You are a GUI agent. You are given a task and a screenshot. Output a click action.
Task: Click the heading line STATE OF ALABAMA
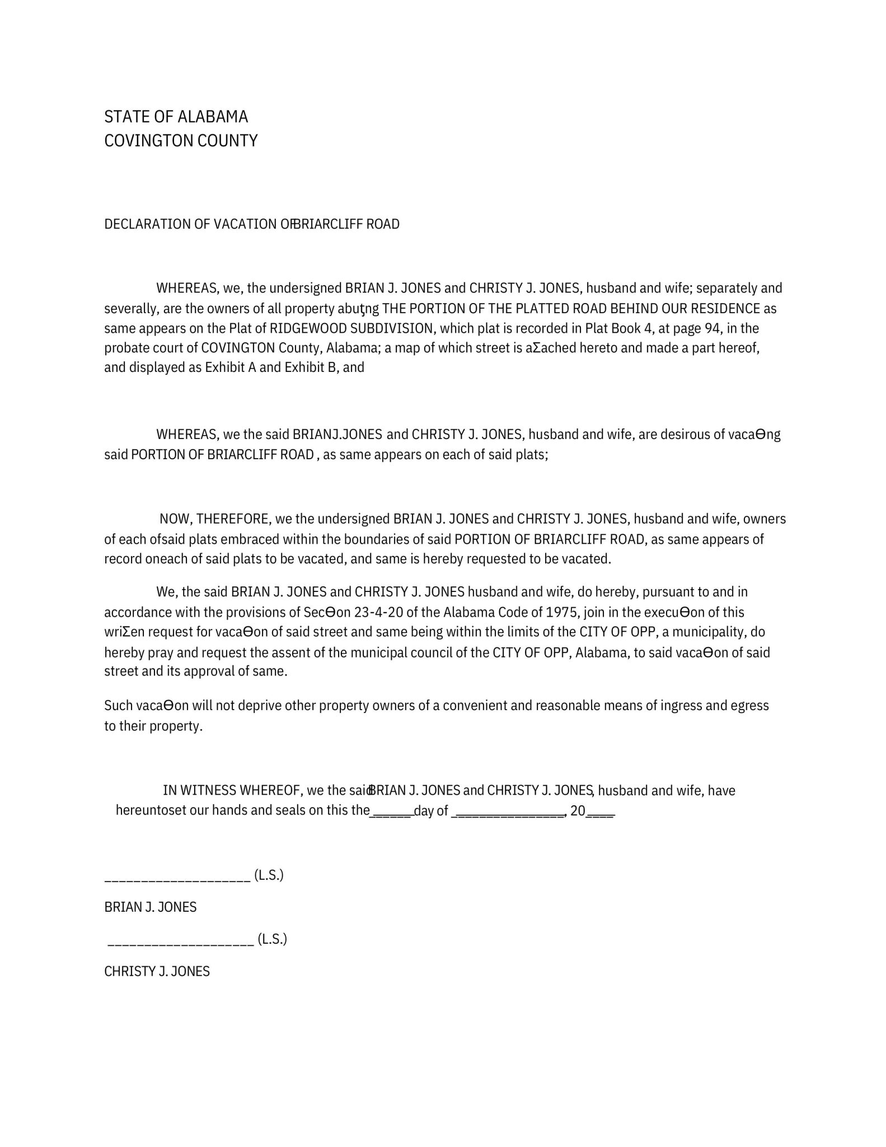coord(176,116)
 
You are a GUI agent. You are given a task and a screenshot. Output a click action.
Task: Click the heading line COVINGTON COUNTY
coord(181,140)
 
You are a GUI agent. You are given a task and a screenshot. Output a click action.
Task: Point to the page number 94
coord(711,328)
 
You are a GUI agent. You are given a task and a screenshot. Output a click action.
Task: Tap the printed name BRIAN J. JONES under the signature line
coord(150,907)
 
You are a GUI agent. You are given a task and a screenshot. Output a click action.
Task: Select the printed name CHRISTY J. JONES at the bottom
coord(157,972)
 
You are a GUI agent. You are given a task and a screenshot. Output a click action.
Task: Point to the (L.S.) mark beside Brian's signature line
coord(269,875)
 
